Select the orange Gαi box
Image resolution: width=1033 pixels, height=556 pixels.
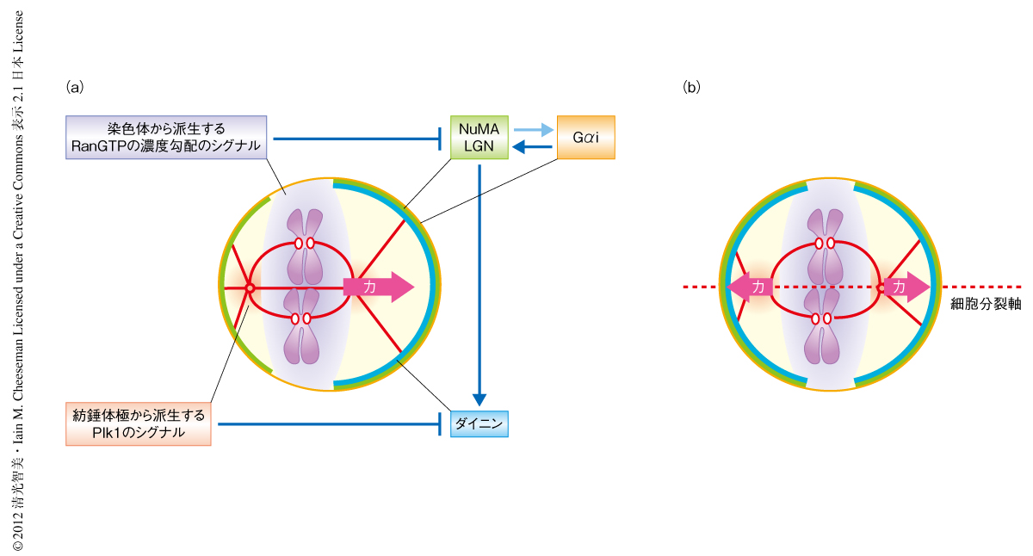[x=585, y=137]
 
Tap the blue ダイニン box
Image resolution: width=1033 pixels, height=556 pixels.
[x=479, y=423]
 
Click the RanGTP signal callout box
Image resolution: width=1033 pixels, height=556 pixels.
[x=168, y=137]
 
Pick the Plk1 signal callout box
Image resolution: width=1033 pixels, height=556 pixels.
[x=139, y=423]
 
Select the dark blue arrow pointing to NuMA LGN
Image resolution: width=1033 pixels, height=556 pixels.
[x=531, y=148]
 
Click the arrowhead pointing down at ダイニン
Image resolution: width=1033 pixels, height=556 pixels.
[x=479, y=399]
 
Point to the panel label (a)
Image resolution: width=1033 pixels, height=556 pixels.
[x=75, y=87]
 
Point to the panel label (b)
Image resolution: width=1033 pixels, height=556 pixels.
[x=691, y=87]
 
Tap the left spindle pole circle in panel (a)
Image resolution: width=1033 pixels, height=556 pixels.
[x=250, y=287]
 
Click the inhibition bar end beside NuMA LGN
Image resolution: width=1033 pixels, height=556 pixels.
[x=442, y=137]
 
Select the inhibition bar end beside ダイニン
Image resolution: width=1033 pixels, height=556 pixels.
[x=442, y=423]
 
